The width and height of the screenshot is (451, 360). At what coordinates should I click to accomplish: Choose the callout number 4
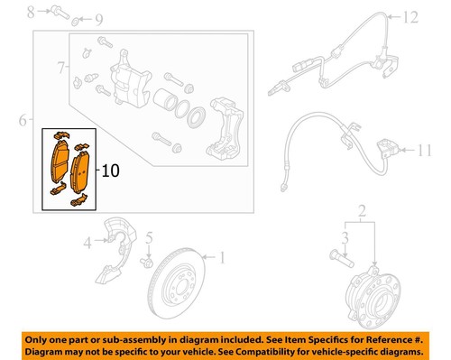click(x=88, y=242)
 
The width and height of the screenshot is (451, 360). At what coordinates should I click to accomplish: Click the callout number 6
click(x=21, y=119)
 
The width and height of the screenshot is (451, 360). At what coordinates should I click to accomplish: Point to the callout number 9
click(x=98, y=18)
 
